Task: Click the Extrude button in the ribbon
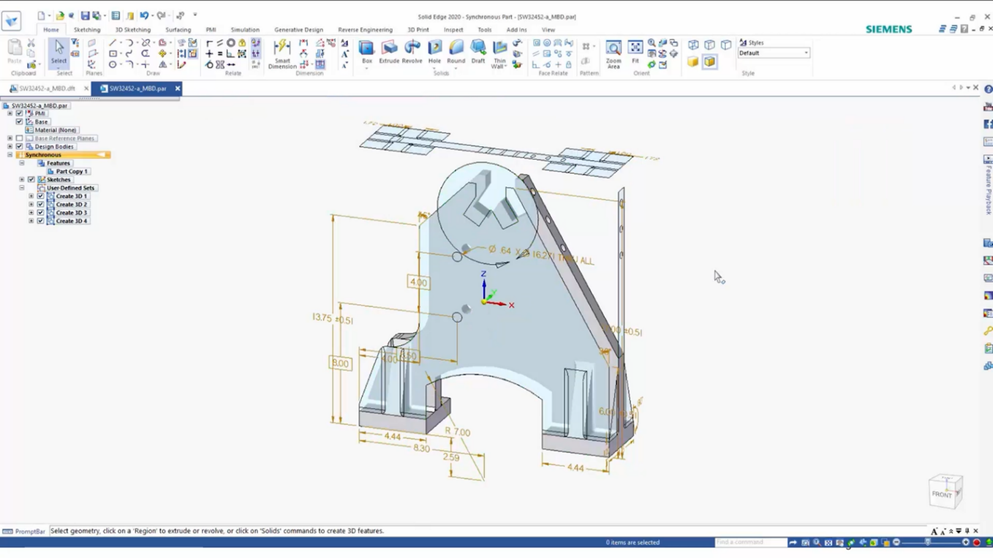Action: click(389, 52)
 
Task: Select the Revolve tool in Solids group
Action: click(412, 52)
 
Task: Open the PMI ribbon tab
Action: click(211, 30)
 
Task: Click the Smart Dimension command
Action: click(282, 54)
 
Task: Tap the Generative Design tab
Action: click(298, 30)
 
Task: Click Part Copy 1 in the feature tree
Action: click(72, 171)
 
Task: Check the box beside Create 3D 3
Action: click(41, 213)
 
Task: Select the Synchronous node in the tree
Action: click(43, 155)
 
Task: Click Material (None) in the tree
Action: click(56, 130)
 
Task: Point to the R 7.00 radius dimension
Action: click(458, 431)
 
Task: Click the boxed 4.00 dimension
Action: click(418, 282)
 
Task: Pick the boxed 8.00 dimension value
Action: click(340, 363)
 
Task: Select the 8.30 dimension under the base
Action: click(421, 448)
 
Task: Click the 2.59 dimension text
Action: click(451, 458)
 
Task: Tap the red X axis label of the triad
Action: click(511, 306)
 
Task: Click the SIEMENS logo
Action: click(888, 29)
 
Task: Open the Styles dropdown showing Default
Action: click(774, 53)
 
